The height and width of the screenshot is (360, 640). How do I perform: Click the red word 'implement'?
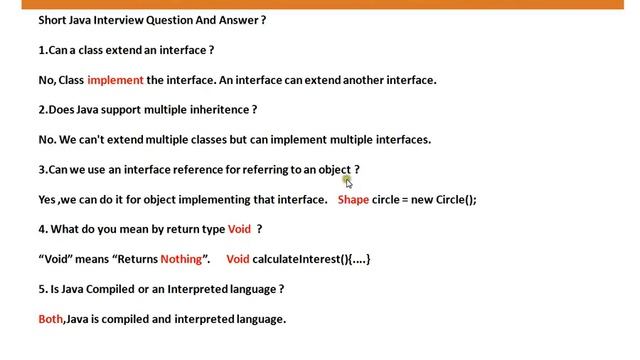(x=115, y=80)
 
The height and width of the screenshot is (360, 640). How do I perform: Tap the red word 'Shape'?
(x=353, y=199)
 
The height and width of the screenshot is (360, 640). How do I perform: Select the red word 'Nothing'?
(x=181, y=259)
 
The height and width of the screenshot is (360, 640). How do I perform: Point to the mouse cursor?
(x=348, y=181)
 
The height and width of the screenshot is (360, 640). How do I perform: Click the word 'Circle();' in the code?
(x=456, y=199)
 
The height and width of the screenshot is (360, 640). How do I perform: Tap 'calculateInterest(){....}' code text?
(x=312, y=259)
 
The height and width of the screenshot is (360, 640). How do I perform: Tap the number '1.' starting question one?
(x=43, y=50)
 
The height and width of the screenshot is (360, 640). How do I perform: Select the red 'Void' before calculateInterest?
(x=238, y=259)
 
